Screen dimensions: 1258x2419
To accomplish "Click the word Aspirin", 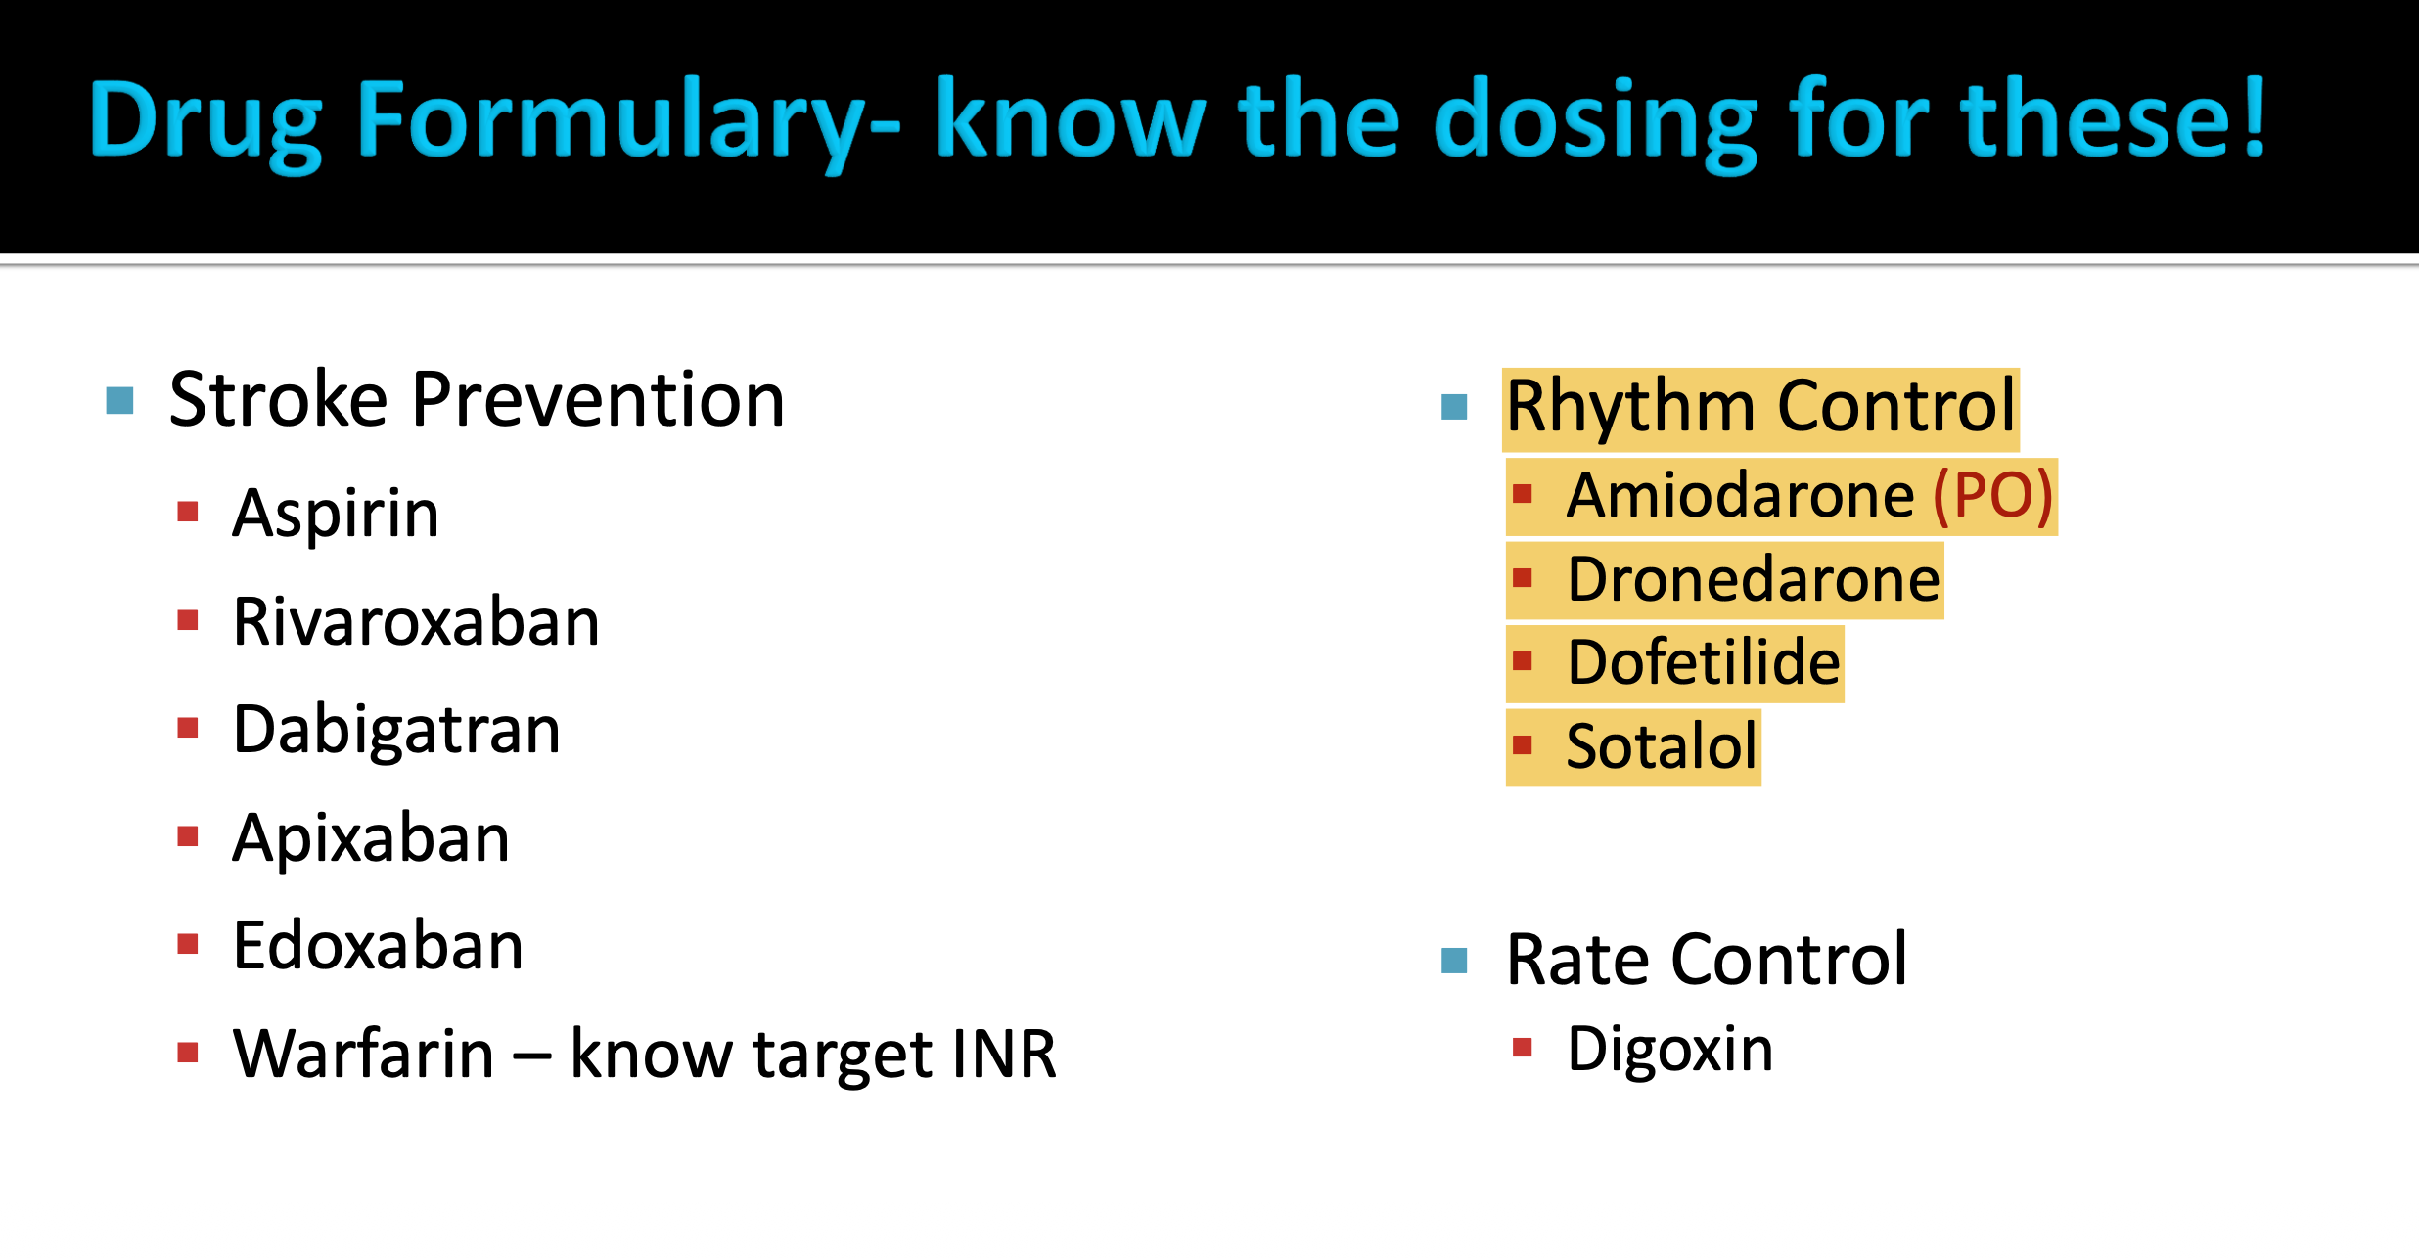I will point(335,514).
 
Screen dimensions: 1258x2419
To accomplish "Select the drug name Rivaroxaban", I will point(416,622).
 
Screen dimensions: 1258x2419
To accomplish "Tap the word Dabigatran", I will point(396,731).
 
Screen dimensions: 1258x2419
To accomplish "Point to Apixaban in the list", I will point(371,838).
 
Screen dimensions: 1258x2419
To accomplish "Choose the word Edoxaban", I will point(378,946).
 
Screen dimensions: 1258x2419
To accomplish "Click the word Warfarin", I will point(363,1055).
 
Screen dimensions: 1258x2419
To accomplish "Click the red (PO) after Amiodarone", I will point(1992,496).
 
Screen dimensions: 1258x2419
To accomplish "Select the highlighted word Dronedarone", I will point(1753,580).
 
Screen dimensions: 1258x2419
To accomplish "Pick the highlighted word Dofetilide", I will point(1703,663).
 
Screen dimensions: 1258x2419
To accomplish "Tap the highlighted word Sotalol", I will point(1661,747).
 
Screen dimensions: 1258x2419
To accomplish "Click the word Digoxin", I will point(1669,1050).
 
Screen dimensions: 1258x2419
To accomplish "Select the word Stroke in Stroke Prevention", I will point(278,400).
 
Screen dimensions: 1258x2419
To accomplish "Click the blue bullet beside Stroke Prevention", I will point(119,400).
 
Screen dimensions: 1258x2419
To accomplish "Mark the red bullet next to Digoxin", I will point(1522,1049).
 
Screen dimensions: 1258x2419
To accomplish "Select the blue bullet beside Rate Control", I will point(1454,961).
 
